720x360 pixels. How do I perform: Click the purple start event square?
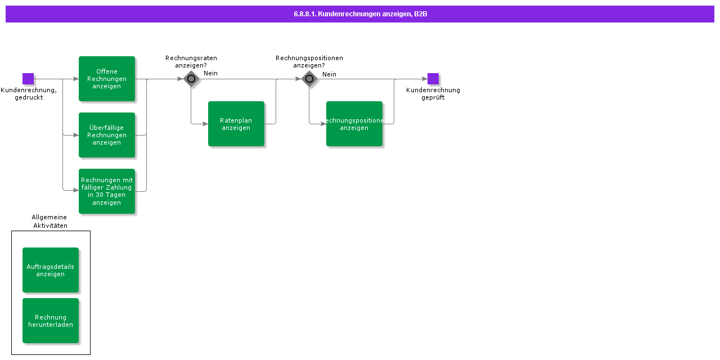point(28,79)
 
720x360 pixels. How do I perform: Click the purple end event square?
point(433,79)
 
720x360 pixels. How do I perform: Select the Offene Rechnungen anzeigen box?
point(107,79)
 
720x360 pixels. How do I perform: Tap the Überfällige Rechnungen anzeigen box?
point(107,135)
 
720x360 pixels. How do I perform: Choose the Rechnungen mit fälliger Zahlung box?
point(107,191)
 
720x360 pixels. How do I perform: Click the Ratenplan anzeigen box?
point(236,124)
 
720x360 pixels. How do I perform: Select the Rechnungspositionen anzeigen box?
point(354,124)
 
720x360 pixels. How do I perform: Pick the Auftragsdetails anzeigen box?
point(51,270)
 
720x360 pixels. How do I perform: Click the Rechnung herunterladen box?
point(51,321)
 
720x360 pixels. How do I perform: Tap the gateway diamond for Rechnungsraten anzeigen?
point(191,79)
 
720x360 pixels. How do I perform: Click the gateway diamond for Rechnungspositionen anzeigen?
point(309,79)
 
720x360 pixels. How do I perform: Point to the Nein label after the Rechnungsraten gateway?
point(210,73)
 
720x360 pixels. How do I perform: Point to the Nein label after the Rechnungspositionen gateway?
point(329,74)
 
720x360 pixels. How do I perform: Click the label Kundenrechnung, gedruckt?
point(29,93)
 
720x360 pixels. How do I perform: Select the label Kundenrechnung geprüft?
point(433,93)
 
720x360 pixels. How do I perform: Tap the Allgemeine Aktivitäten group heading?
point(49,221)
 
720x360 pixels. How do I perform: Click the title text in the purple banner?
point(360,14)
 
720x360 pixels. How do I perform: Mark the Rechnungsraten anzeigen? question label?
point(191,61)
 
